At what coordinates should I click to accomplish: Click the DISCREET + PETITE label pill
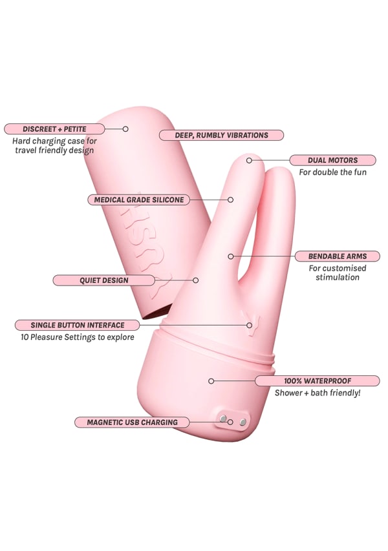tap(54, 129)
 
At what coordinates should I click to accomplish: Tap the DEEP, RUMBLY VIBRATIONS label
tap(221, 135)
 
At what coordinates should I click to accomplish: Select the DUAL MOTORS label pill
tap(332, 160)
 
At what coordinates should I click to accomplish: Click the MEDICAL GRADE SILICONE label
tap(138, 200)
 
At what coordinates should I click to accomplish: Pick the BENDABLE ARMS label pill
tap(334, 256)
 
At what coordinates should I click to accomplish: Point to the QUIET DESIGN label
tap(103, 280)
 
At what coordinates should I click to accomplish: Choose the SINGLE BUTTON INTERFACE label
tap(77, 325)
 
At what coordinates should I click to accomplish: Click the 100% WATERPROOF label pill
tap(317, 380)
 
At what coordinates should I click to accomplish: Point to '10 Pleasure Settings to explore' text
tap(77, 337)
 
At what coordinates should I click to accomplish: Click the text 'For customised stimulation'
tap(337, 273)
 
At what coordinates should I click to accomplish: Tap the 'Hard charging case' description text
tap(54, 145)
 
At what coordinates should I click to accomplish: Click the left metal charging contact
tap(223, 419)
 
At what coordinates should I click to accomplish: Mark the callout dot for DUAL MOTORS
tap(249, 160)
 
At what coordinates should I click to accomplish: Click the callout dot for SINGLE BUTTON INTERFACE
tap(249, 325)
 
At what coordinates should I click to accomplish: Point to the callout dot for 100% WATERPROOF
tap(211, 380)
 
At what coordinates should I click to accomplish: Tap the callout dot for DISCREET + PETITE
tap(125, 129)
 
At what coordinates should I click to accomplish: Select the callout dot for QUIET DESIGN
tap(196, 280)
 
